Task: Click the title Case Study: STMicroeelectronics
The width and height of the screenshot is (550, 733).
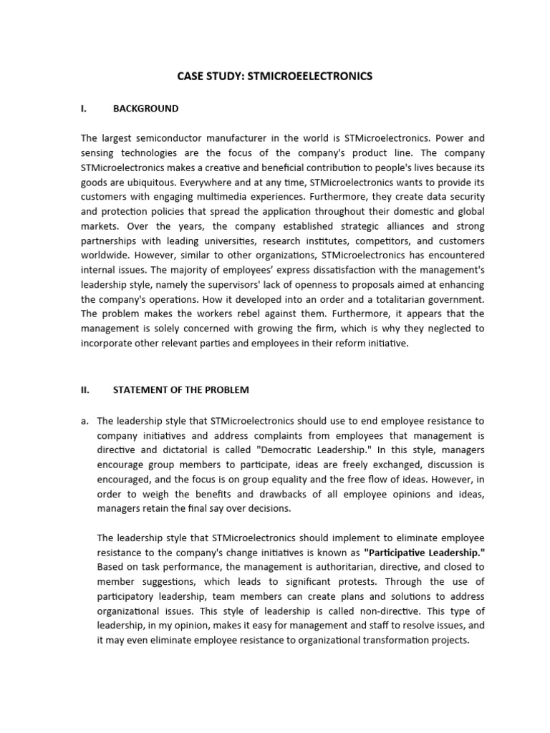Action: coord(275,76)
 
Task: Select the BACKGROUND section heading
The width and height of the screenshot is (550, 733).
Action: coord(146,109)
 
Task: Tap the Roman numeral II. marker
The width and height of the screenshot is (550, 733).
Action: coord(85,389)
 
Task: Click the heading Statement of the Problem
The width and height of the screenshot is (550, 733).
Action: coord(181,389)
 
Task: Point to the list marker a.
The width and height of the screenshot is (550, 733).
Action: coord(85,421)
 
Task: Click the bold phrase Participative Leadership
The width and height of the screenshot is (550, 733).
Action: coord(415,553)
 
